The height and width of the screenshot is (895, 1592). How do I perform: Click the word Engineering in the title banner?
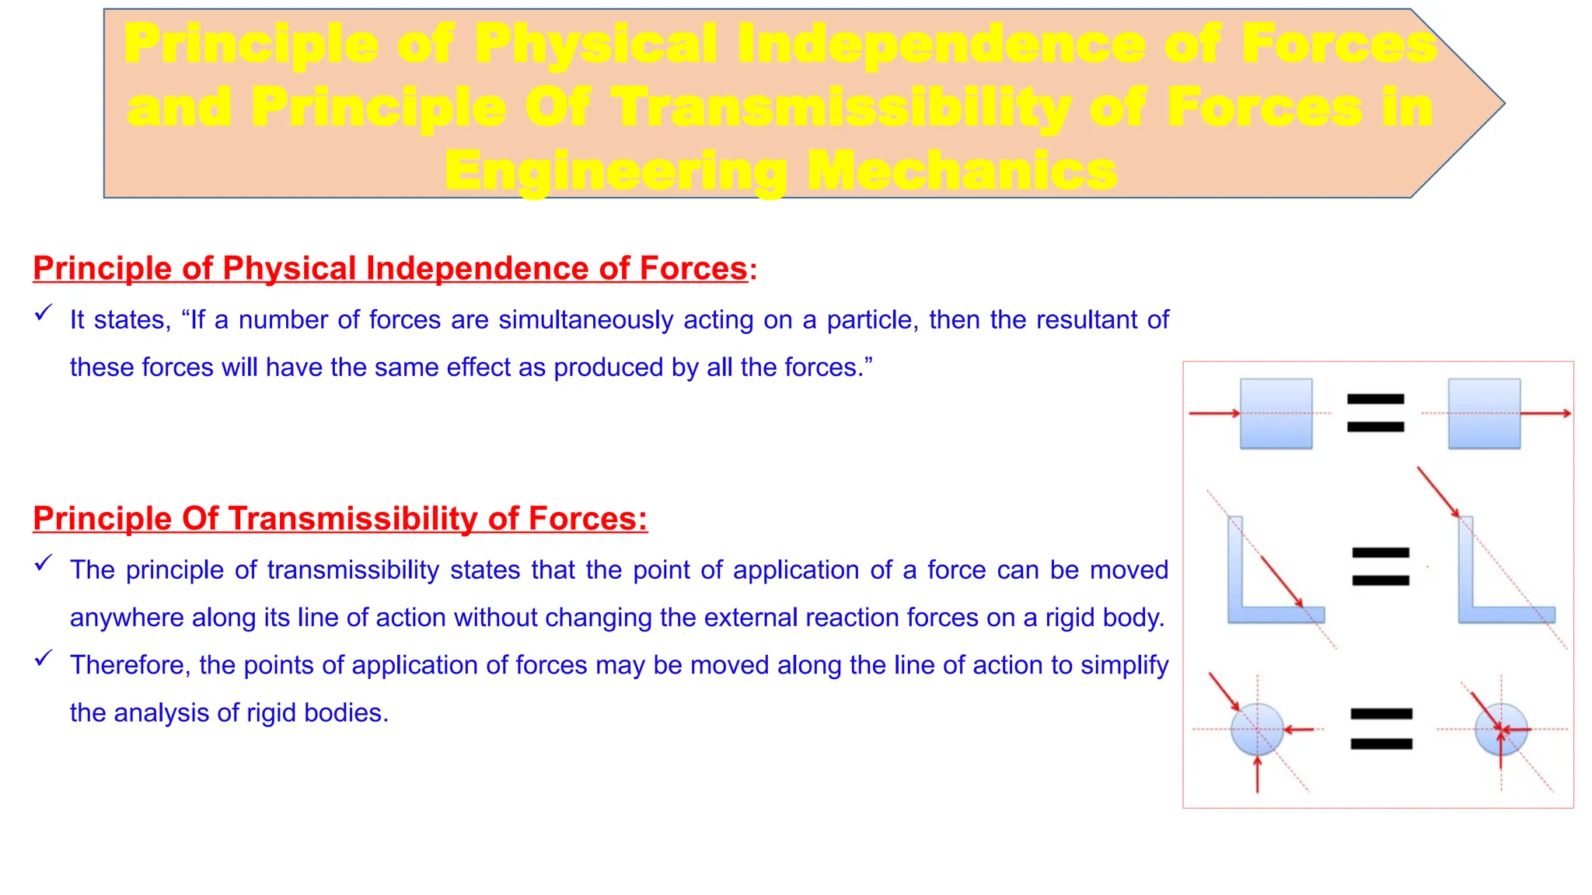614,171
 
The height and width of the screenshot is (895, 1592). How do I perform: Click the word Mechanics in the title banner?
962,171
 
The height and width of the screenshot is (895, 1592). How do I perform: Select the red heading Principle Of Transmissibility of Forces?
340,519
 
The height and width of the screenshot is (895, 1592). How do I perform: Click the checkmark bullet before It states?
44,314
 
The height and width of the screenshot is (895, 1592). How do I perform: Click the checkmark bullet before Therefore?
44,659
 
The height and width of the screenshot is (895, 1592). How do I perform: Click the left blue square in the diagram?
1276,413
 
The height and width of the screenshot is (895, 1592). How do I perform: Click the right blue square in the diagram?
1484,413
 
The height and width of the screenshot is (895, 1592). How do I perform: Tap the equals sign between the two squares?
1375,413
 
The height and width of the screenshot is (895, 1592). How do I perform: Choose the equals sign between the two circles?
1381,729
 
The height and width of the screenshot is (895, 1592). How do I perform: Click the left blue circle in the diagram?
1257,730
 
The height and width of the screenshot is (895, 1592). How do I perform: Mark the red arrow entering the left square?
1213,413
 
